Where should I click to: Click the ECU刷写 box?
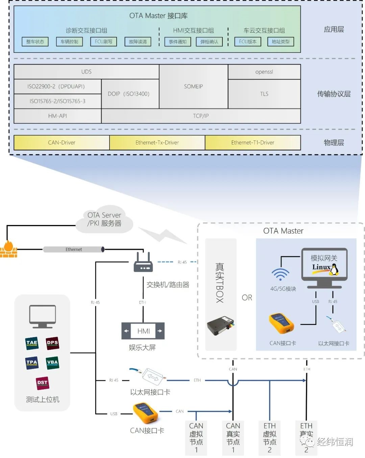click(103, 42)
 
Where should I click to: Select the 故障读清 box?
click(138, 42)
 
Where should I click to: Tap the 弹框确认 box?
click(209, 42)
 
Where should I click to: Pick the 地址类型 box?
click(281, 42)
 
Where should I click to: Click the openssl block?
click(264, 72)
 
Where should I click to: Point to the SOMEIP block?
click(193, 87)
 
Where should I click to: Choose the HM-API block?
click(57, 116)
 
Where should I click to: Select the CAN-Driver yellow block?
click(62, 143)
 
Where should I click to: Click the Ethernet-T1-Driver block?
click(252, 143)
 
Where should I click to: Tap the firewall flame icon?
click(8, 249)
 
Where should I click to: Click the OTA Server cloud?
click(104, 219)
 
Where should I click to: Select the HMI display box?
click(143, 331)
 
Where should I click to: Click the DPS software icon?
click(52, 343)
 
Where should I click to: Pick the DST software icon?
click(42, 383)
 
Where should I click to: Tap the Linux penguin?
click(334, 270)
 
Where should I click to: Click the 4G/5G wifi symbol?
click(280, 274)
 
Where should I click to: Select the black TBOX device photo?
click(220, 326)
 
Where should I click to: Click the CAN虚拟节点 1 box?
click(196, 438)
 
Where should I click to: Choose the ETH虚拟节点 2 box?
click(270, 438)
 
